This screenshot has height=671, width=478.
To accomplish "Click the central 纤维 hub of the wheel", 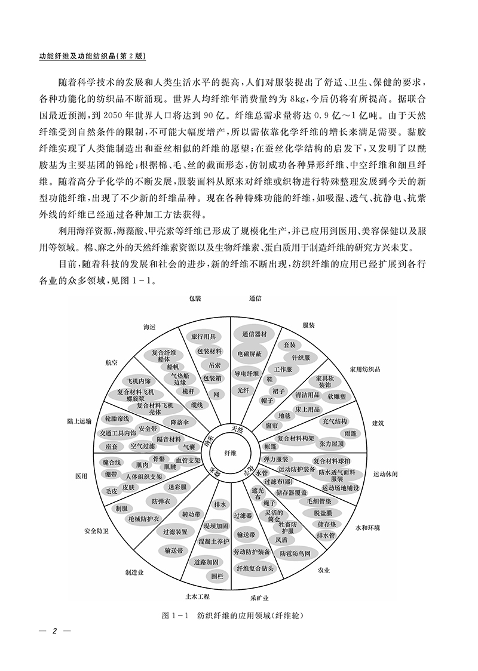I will pyautogui.click(x=230, y=453).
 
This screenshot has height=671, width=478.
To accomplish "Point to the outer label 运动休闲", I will pyautogui.click(x=385, y=473).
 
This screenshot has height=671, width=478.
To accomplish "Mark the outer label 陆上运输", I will pyautogui.click(x=79, y=421).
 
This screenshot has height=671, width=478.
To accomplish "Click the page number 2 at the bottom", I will pyautogui.click(x=54, y=632).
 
